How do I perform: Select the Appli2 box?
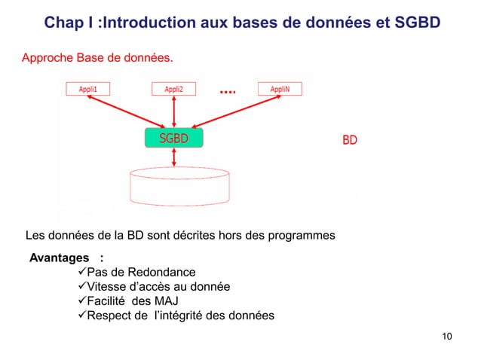[x=174, y=88]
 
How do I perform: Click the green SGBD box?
[x=174, y=139]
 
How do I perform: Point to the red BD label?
[x=350, y=140]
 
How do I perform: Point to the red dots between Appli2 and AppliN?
[x=227, y=92]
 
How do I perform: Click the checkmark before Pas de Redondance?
[x=83, y=272]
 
